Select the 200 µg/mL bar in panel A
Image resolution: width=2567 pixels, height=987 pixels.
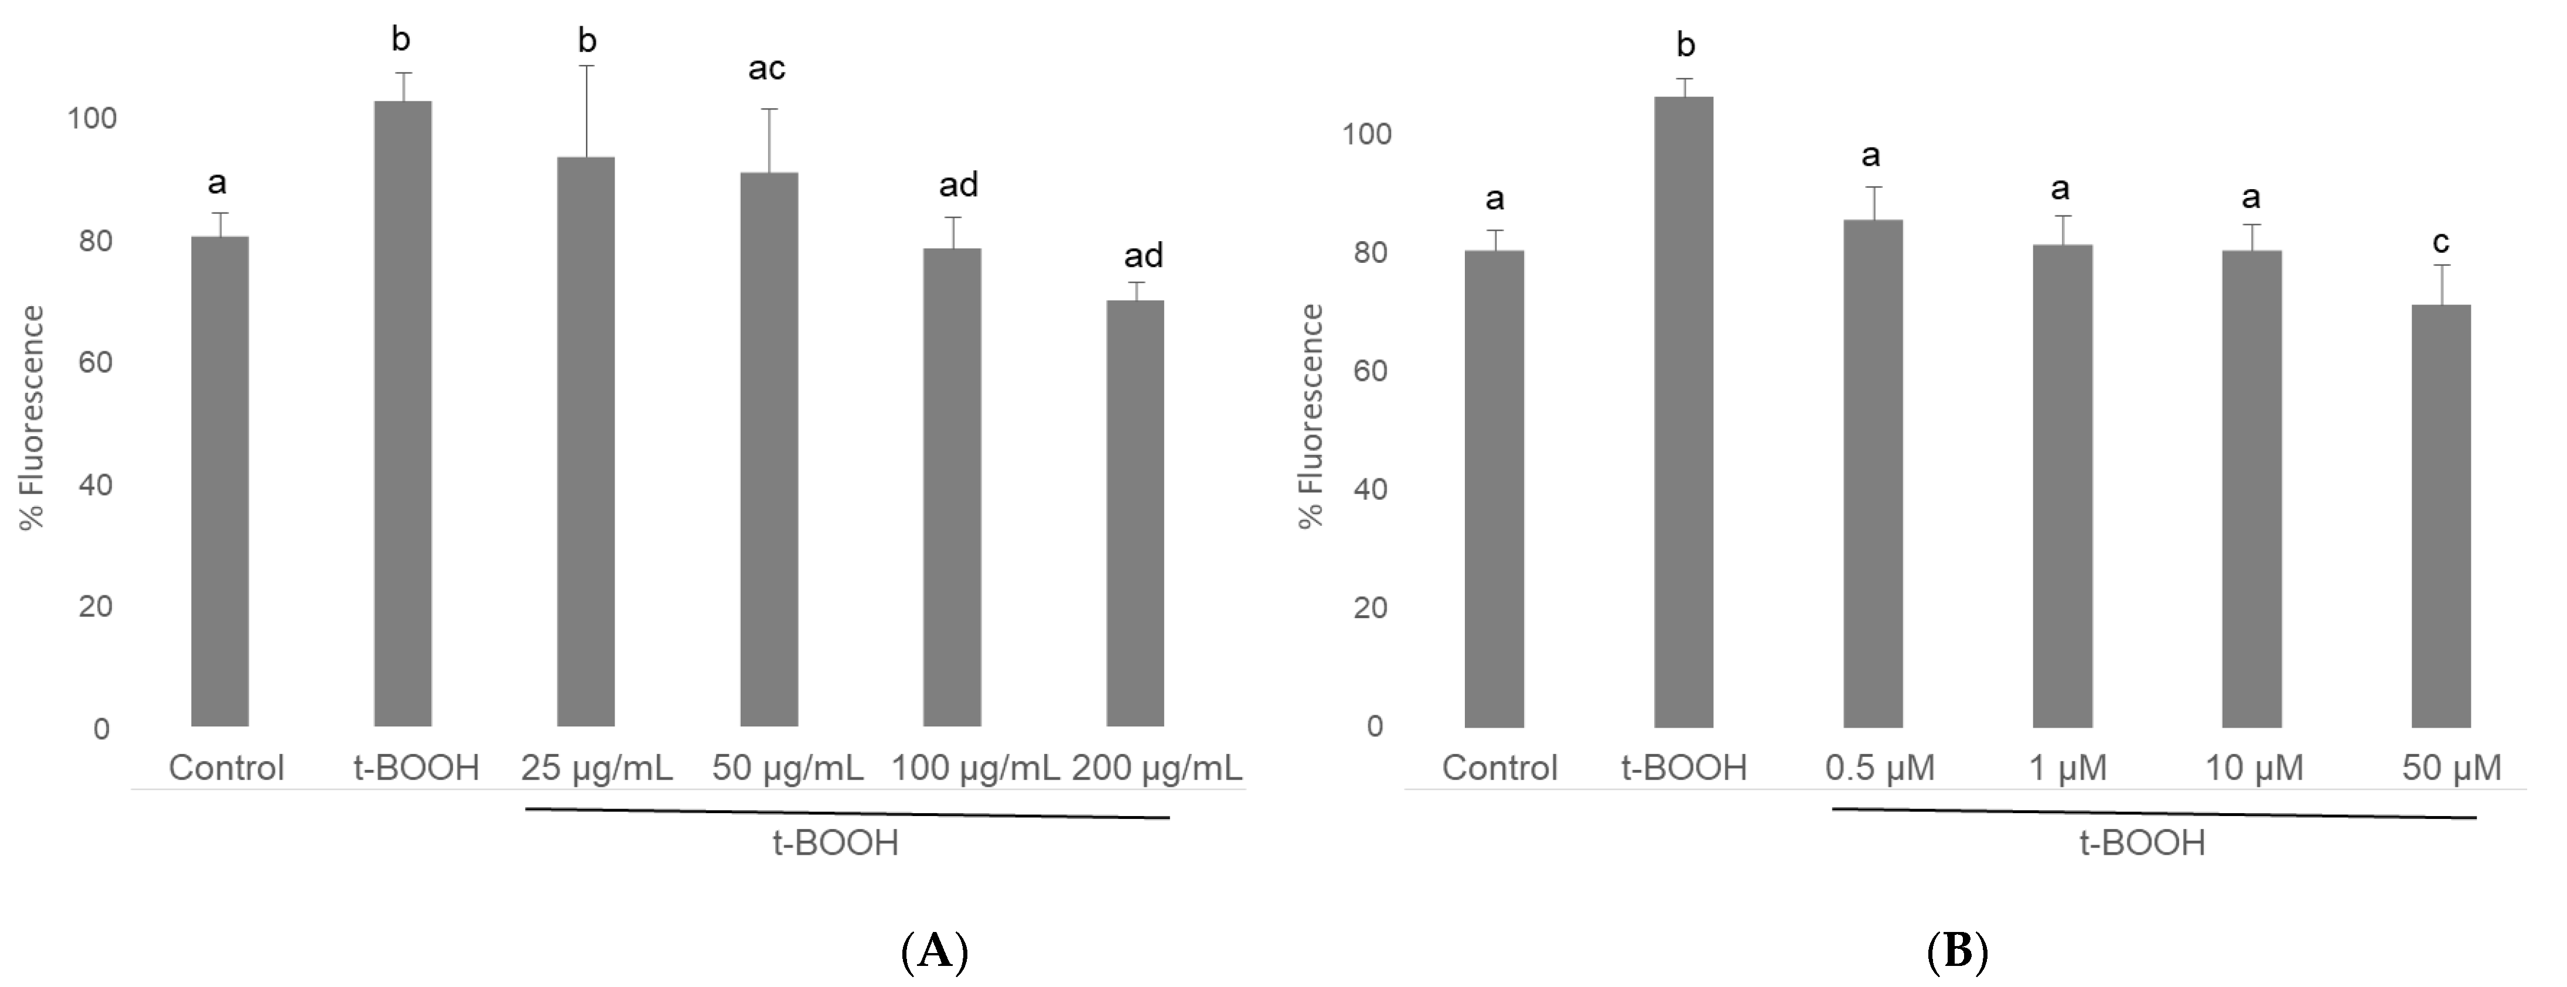click(1135, 513)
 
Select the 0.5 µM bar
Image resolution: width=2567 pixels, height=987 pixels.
click(1873, 473)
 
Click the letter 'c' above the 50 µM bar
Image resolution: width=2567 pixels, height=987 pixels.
click(2440, 242)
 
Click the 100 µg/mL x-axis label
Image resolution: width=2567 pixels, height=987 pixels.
click(974, 768)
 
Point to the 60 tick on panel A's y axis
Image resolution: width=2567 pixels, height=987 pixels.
click(95, 362)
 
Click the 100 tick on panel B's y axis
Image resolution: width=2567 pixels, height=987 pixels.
click(1366, 135)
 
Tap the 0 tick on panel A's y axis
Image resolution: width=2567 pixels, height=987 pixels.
click(101, 729)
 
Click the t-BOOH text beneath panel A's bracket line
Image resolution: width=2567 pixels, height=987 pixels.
click(835, 844)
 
